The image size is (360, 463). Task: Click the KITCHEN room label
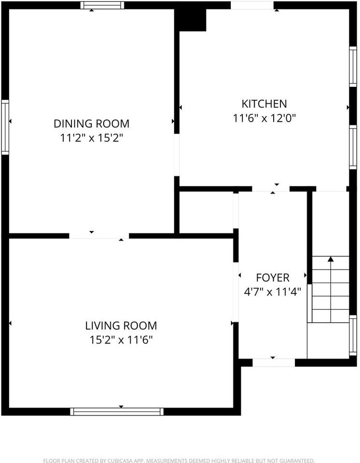[x=264, y=104]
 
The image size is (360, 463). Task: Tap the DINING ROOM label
[x=92, y=123]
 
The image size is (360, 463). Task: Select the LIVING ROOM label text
[x=121, y=326]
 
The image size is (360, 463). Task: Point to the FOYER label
[x=273, y=278]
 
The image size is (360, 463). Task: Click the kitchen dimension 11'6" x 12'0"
[x=264, y=118]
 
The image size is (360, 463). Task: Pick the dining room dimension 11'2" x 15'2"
[x=92, y=138]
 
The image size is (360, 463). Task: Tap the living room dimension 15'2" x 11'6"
[x=121, y=340]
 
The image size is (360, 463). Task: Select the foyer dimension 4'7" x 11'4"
[x=273, y=292]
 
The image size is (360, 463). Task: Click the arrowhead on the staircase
[x=331, y=259]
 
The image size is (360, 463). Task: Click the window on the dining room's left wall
[x=5, y=127]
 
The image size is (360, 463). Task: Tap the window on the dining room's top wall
[x=102, y=5]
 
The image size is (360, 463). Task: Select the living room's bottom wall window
[x=117, y=411]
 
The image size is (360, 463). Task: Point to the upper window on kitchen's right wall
[x=353, y=67]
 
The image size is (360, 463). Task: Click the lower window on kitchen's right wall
[x=353, y=147]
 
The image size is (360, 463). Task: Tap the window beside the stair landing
[x=353, y=335]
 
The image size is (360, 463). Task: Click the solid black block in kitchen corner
[x=191, y=19]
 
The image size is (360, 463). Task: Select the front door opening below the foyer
[x=274, y=363]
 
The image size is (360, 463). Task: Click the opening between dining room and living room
[x=99, y=236]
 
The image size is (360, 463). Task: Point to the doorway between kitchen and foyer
[x=271, y=189]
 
